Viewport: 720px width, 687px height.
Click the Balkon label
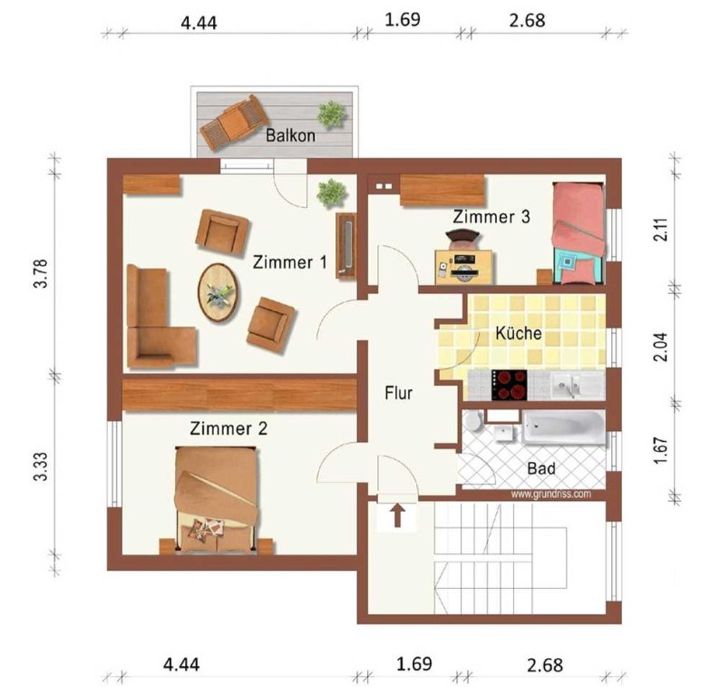[x=290, y=135]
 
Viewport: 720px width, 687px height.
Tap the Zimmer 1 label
[x=290, y=262]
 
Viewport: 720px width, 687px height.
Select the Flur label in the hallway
[x=399, y=393]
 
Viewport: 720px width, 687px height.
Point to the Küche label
[x=519, y=333]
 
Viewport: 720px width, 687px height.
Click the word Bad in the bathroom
[x=541, y=468]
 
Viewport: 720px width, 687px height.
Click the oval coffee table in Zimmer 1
[x=219, y=293]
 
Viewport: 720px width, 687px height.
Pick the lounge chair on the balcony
[x=235, y=123]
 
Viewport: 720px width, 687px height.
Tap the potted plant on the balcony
[x=332, y=114]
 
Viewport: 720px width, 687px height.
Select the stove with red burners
[x=510, y=385]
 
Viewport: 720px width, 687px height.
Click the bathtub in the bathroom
[x=563, y=427]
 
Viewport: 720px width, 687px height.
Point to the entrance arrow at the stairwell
[x=398, y=516]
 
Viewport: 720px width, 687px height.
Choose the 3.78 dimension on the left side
[x=41, y=273]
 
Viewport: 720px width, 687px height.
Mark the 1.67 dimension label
[x=660, y=451]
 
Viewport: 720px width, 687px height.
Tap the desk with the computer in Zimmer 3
[x=464, y=267]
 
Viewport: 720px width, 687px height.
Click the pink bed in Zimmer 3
[x=578, y=233]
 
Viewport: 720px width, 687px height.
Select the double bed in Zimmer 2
[x=216, y=499]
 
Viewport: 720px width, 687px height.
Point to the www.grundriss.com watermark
[x=551, y=494]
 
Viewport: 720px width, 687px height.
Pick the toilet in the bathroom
[x=472, y=421]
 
